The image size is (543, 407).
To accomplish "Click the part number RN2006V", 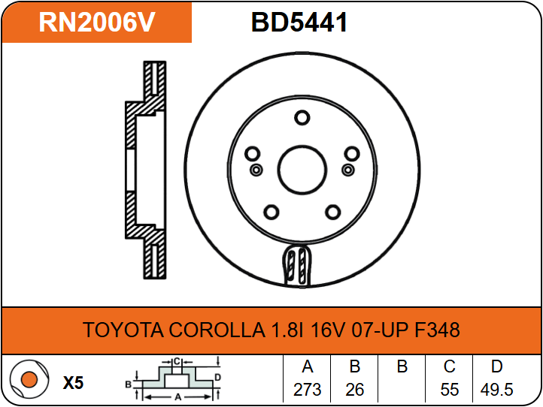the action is (96, 22).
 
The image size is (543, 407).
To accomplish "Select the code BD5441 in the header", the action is (299, 22).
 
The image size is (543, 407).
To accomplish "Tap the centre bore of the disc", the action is (302, 170).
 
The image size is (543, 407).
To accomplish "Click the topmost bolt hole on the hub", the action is (302, 118).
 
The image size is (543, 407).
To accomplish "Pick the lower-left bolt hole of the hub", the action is (271, 212).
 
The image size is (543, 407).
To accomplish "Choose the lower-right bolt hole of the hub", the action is (333, 212).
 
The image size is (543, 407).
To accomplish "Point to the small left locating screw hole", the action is (256, 170).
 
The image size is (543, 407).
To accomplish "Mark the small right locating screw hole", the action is (348, 170).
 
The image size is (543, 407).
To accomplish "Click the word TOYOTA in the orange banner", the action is (123, 330).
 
